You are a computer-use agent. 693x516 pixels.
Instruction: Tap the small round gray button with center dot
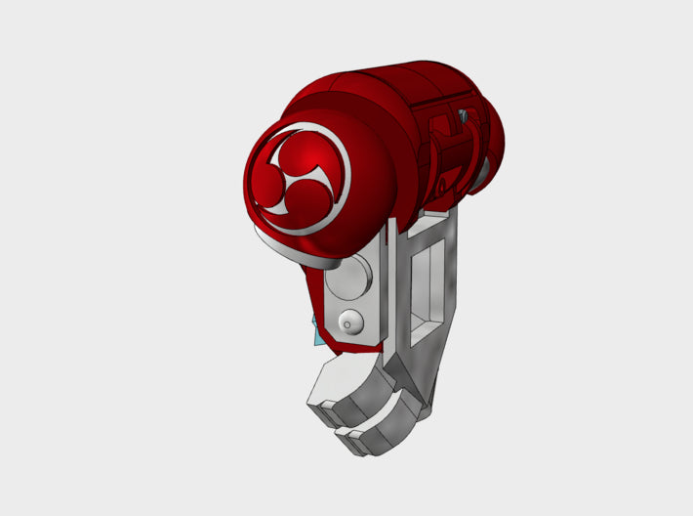[x=349, y=322]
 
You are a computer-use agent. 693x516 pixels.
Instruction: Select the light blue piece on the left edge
[x=316, y=335]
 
